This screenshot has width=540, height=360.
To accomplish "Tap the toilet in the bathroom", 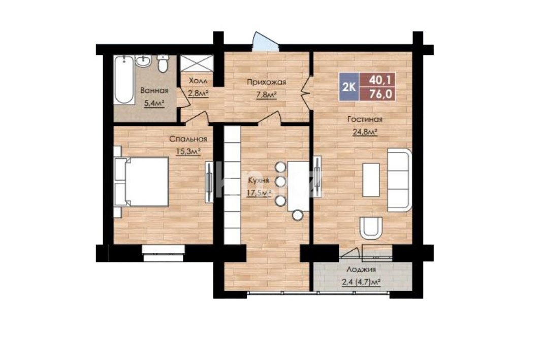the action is pyautogui.click(x=163, y=63).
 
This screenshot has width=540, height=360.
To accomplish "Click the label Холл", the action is pyautogui.click(x=198, y=81).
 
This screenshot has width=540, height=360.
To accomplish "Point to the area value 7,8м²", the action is pyautogui.click(x=267, y=94).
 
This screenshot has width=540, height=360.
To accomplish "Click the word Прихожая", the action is pyautogui.click(x=267, y=82).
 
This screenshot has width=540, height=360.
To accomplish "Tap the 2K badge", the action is pyautogui.click(x=348, y=87).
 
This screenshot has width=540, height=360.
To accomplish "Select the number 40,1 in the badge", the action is pyautogui.click(x=380, y=80).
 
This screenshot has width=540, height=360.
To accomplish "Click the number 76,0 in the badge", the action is pyautogui.click(x=380, y=94).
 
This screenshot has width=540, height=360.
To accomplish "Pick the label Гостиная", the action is pyautogui.click(x=365, y=119).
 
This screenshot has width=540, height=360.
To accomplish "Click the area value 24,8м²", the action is pyautogui.click(x=365, y=132).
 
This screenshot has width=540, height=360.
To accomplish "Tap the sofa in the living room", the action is pyautogui.click(x=400, y=180).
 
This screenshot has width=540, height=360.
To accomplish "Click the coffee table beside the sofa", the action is pyautogui.click(x=371, y=180).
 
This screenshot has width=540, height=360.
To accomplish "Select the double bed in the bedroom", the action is pyautogui.click(x=142, y=182).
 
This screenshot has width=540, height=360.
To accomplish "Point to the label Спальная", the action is pyautogui.click(x=188, y=139).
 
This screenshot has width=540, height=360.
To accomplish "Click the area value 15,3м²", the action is pyautogui.click(x=188, y=151).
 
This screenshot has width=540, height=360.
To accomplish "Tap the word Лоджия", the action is pyautogui.click(x=361, y=270).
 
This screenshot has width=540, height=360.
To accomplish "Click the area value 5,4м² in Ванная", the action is pyautogui.click(x=153, y=103).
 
